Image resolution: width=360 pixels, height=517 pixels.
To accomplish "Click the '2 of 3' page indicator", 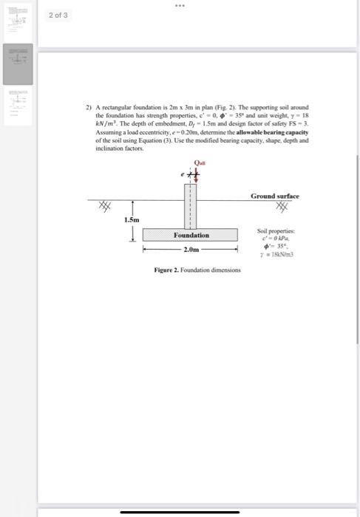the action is [58, 15].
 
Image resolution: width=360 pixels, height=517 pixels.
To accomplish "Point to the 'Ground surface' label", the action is [275, 196].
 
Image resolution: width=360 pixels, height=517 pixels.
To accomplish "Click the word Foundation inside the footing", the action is [191, 235].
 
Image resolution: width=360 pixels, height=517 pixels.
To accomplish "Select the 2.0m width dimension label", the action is [191, 250].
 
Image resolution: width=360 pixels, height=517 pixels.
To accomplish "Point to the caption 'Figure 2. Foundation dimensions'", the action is [197, 270].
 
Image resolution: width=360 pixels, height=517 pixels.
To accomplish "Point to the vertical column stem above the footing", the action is [191, 206].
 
